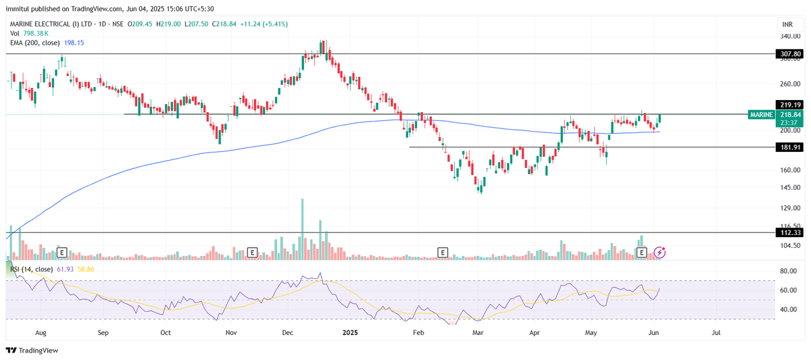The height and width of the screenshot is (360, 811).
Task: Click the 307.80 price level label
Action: pyautogui.click(x=789, y=53)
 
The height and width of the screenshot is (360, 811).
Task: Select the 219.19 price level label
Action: pyautogui.click(x=789, y=105)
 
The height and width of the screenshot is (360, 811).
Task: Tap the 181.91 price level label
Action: pyautogui.click(x=789, y=147)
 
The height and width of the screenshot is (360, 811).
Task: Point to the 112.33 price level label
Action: pyautogui.click(x=789, y=232)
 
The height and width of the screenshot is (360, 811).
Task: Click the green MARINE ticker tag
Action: pyautogui.click(x=761, y=115)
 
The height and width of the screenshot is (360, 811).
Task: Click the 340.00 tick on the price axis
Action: pyautogui.click(x=789, y=36)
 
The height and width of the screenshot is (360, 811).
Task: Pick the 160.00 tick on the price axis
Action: pyautogui.click(x=789, y=170)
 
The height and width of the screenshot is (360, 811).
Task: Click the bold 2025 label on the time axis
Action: pyautogui.click(x=350, y=332)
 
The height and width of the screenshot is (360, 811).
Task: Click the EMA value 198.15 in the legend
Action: pyautogui.click(x=74, y=43)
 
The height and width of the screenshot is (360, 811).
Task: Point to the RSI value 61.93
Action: pyautogui.click(x=65, y=269)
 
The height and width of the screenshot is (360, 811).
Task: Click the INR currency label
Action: pyautogui.click(x=786, y=24)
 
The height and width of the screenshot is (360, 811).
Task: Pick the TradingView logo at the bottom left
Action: pyautogui.click(x=32, y=351)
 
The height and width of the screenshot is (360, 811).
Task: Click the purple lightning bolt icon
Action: pyautogui.click(x=660, y=253)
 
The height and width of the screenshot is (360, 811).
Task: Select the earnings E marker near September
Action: pyautogui.click(x=62, y=253)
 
